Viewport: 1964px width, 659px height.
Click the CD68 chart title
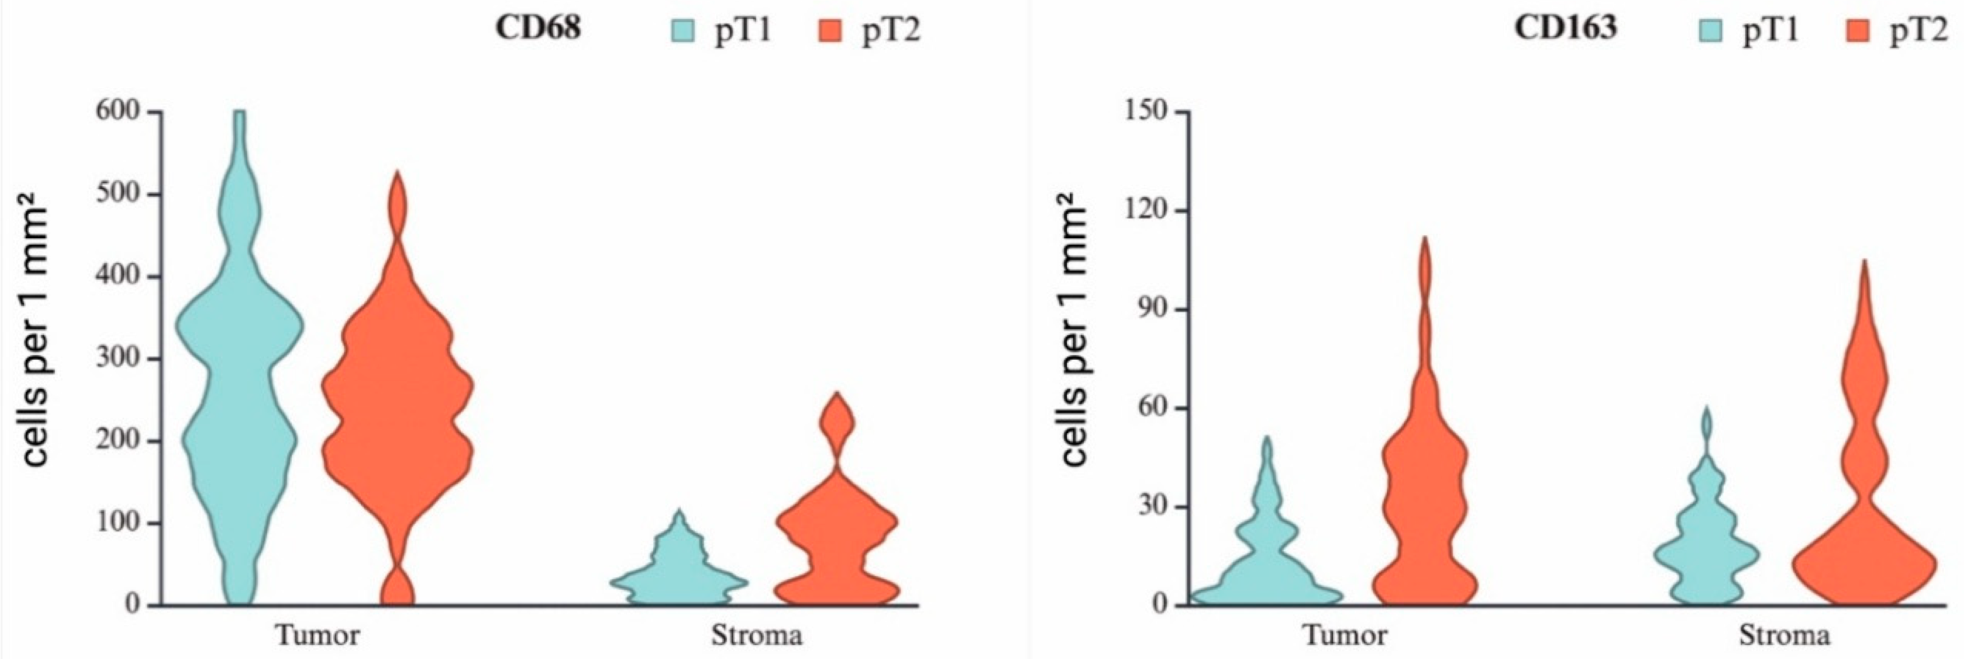[538, 28]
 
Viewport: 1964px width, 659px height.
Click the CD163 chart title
[1565, 28]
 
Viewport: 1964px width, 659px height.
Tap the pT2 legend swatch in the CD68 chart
[830, 31]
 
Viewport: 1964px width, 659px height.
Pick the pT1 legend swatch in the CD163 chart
[1710, 31]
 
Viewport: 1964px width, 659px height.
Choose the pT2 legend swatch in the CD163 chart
[1858, 31]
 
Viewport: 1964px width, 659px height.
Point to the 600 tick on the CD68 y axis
[118, 111]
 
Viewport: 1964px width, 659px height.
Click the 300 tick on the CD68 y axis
[118, 358]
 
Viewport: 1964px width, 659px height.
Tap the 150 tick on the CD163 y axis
[1146, 111]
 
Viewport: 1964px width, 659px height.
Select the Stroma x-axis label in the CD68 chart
[756, 634]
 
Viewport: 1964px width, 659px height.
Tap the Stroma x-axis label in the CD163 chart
[1784, 634]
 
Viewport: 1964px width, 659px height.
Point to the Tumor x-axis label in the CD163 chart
[1345, 634]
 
